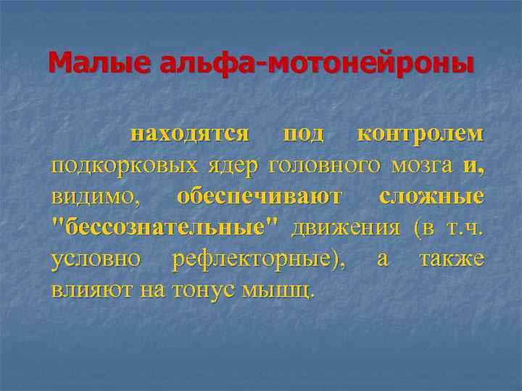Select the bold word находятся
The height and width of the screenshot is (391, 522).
189,134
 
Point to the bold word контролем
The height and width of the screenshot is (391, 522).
420,134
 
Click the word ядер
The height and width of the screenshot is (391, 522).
231,166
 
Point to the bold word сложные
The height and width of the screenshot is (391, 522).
431,197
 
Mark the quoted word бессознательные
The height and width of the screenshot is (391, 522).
167,228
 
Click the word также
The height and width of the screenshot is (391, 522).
451,259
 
